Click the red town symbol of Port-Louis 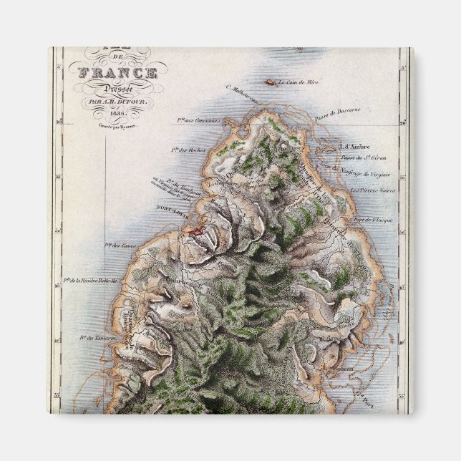pyautogui.click(x=195, y=231)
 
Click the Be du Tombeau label pyautogui.click(x=168, y=178)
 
